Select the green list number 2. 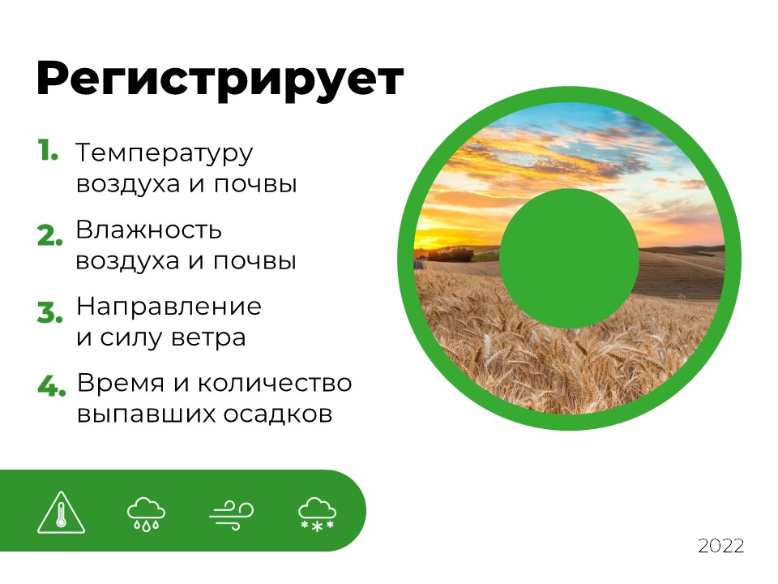tap(50, 235)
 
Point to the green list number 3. tap(50, 312)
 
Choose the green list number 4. tap(51, 386)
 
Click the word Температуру tap(165, 154)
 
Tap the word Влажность tap(148, 230)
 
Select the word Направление tap(169, 307)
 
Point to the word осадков tap(277, 414)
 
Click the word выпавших tap(147, 414)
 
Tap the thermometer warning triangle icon tap(61, 512)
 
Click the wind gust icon tap(231, 515)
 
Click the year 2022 tap(721, 546)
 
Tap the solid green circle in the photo tap(569, 258)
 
